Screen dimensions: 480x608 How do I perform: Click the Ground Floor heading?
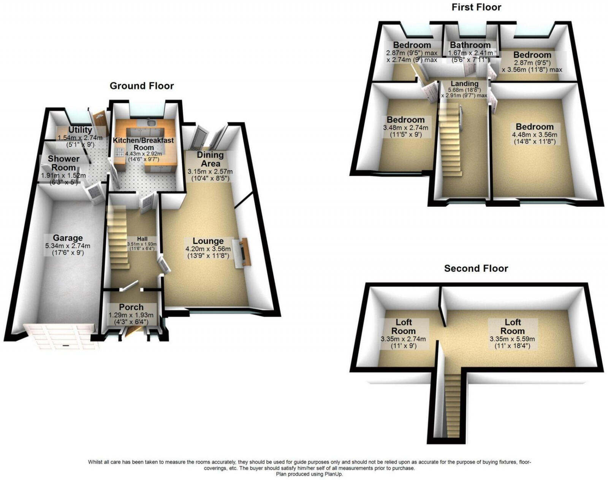tap(142, 86)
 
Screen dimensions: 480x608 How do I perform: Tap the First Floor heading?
tap(476, 7)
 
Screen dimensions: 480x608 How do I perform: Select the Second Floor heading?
tap(476, 269)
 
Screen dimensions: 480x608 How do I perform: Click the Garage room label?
tap(68, 238)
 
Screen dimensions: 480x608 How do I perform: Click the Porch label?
tap(131, 307)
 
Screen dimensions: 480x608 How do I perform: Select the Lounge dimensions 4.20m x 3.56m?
tap(208, 249)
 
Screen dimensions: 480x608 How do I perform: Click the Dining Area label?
tap(210, 159)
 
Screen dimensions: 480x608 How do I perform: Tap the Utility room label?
tap(80, 130)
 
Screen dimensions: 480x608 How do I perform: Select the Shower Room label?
tap(63, 163)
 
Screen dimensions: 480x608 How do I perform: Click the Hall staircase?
tap(117, 237)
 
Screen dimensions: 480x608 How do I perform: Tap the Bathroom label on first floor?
tap(470, 45)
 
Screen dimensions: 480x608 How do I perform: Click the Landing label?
tap(464, 83)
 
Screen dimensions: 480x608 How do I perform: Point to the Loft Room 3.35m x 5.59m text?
tap(512, 339)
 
